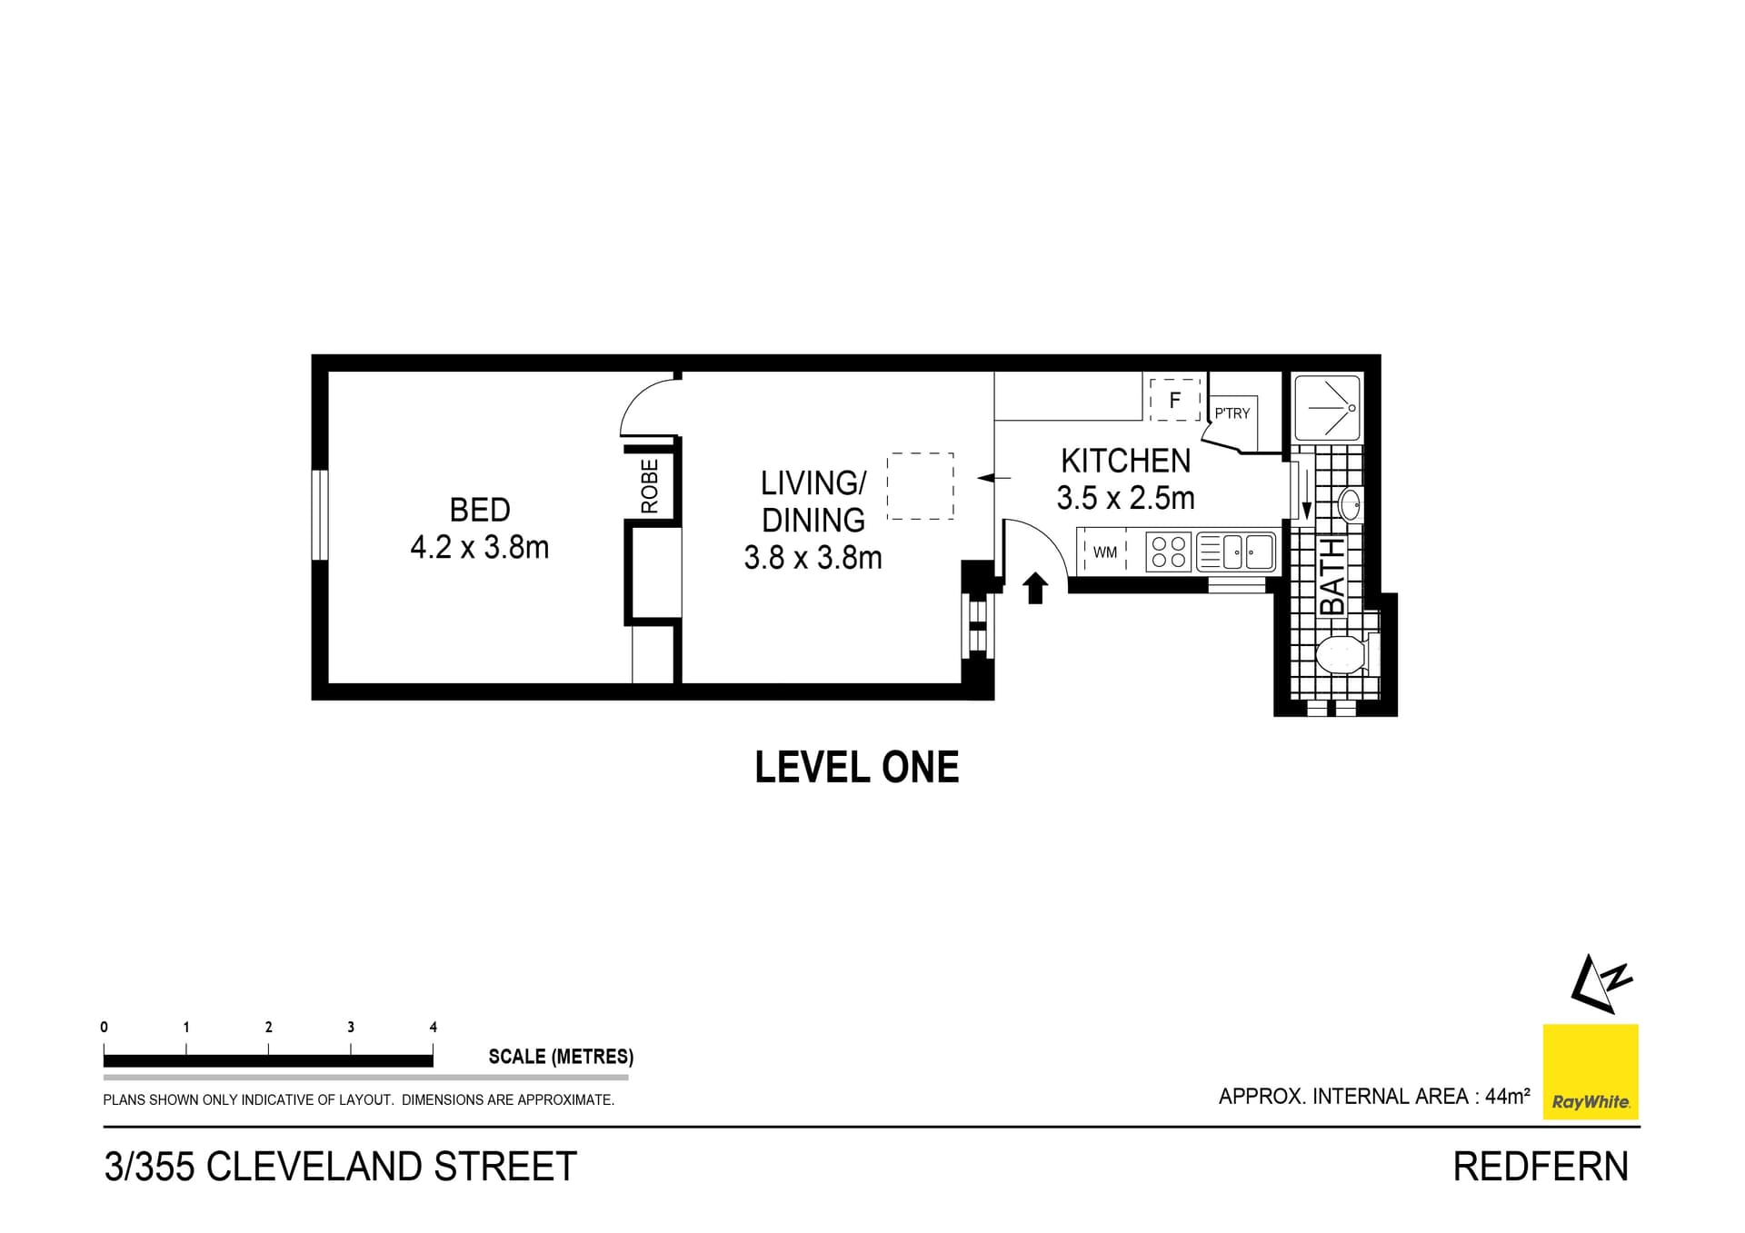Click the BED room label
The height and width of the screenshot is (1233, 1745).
pyautogui.click(x=479, y=510)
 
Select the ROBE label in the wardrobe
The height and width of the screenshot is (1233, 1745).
pyautogui.click(x=649, y=486)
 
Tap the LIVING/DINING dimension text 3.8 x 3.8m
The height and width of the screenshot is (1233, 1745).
pyautogui.click(x=813, y=557)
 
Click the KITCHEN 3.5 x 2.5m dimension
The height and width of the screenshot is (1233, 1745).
pyautogui.click(x=1125, y=498)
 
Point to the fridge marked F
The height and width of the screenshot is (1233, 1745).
pyautogui.click(x=1174, y=400)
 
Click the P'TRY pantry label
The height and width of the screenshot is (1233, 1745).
pyautogui.click(x=1232, y=413)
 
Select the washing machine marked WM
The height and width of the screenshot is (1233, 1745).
pyautogui.click(x=1104, y=552)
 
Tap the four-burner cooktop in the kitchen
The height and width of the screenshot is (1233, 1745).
pyautogui.click(x=1169, y=552)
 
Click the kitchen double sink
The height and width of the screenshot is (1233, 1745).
pyautogui.click(x=1246, y=552)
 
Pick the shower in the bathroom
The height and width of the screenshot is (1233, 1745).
pyautogui.click(x=1328, y=408)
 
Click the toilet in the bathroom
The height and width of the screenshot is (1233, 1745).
pyautogui.click(x=1341, y=655)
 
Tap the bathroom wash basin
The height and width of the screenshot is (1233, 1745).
pyautogui.click(x=1350, y=504)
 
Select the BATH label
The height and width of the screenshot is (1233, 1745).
pyautogui.click(x=1331, y=576)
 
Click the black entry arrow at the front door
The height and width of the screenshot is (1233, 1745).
pyautogui.click(x=1035, y=588)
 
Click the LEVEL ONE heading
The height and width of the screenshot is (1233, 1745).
pyautogui.click(x=856, y=768)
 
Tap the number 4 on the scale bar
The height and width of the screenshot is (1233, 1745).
pyautogui.click(x=433, y=1027)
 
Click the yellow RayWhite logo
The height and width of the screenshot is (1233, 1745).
pyautogui.click(x=1590, y=1071)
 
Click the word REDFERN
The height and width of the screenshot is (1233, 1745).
pyautogui.click(x=1541, y=1167)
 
